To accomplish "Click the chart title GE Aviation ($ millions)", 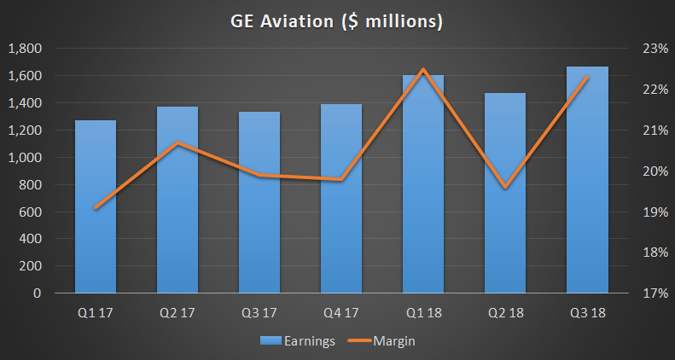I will coord(338,20).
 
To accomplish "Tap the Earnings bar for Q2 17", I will coord(177,200).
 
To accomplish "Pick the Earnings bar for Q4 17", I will coord(341,198).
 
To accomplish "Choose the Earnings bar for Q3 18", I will coord(587,179).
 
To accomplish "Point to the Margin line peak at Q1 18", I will coord(423,70).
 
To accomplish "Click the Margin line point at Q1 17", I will coord(96,207).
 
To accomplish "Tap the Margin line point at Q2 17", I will coord(177,142).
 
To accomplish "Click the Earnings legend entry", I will coord(298,340).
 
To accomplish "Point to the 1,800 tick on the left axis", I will coord(26,49).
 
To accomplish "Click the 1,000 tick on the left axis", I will coord(26,158).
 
